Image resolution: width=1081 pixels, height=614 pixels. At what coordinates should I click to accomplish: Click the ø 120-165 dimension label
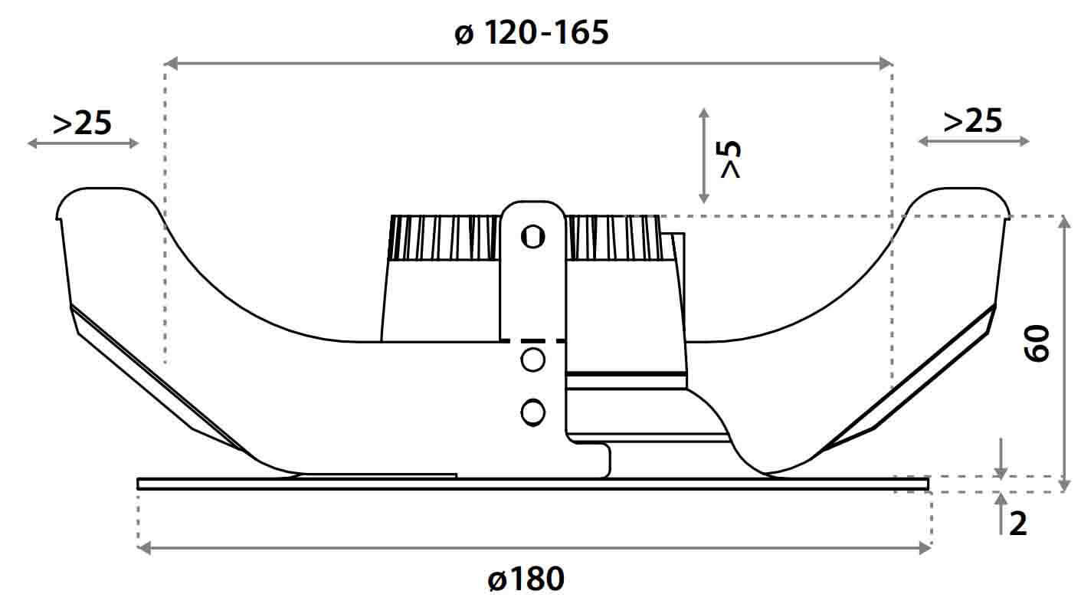pyautogui.click(x=531, y=34)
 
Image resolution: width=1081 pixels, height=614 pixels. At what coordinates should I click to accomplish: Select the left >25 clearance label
pyautogui.click(x=82, y=123)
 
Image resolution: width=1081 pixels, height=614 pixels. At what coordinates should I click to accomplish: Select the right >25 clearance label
pyautogui.click(x=972, y=121)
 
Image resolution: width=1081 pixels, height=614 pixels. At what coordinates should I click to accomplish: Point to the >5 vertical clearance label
pyautogui.click(x=732, y=159)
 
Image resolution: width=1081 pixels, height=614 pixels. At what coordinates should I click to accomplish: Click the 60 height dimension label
pyautogui.click(x=1037, y=343)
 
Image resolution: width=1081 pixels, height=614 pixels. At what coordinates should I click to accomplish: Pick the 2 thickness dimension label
pyautogui.click(x=1017, y=524)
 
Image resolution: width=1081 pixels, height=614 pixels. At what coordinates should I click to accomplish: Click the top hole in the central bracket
pyautogui.click(x=532, y=237)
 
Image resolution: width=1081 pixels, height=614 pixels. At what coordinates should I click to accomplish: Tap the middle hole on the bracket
pyautogui.click(x=532, y=360)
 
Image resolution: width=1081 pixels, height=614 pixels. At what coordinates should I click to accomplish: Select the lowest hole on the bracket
pyautogui.click(x=532, y=412)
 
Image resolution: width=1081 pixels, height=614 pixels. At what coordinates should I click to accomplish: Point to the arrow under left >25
pyautogui.click(x=83, y=143)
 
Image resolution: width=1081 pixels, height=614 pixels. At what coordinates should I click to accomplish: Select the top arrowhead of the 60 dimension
pyautogui.click(x=1064, y=222)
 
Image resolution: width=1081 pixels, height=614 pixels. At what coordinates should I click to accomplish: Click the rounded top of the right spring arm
pyautogui.click(x=961, y=195)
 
